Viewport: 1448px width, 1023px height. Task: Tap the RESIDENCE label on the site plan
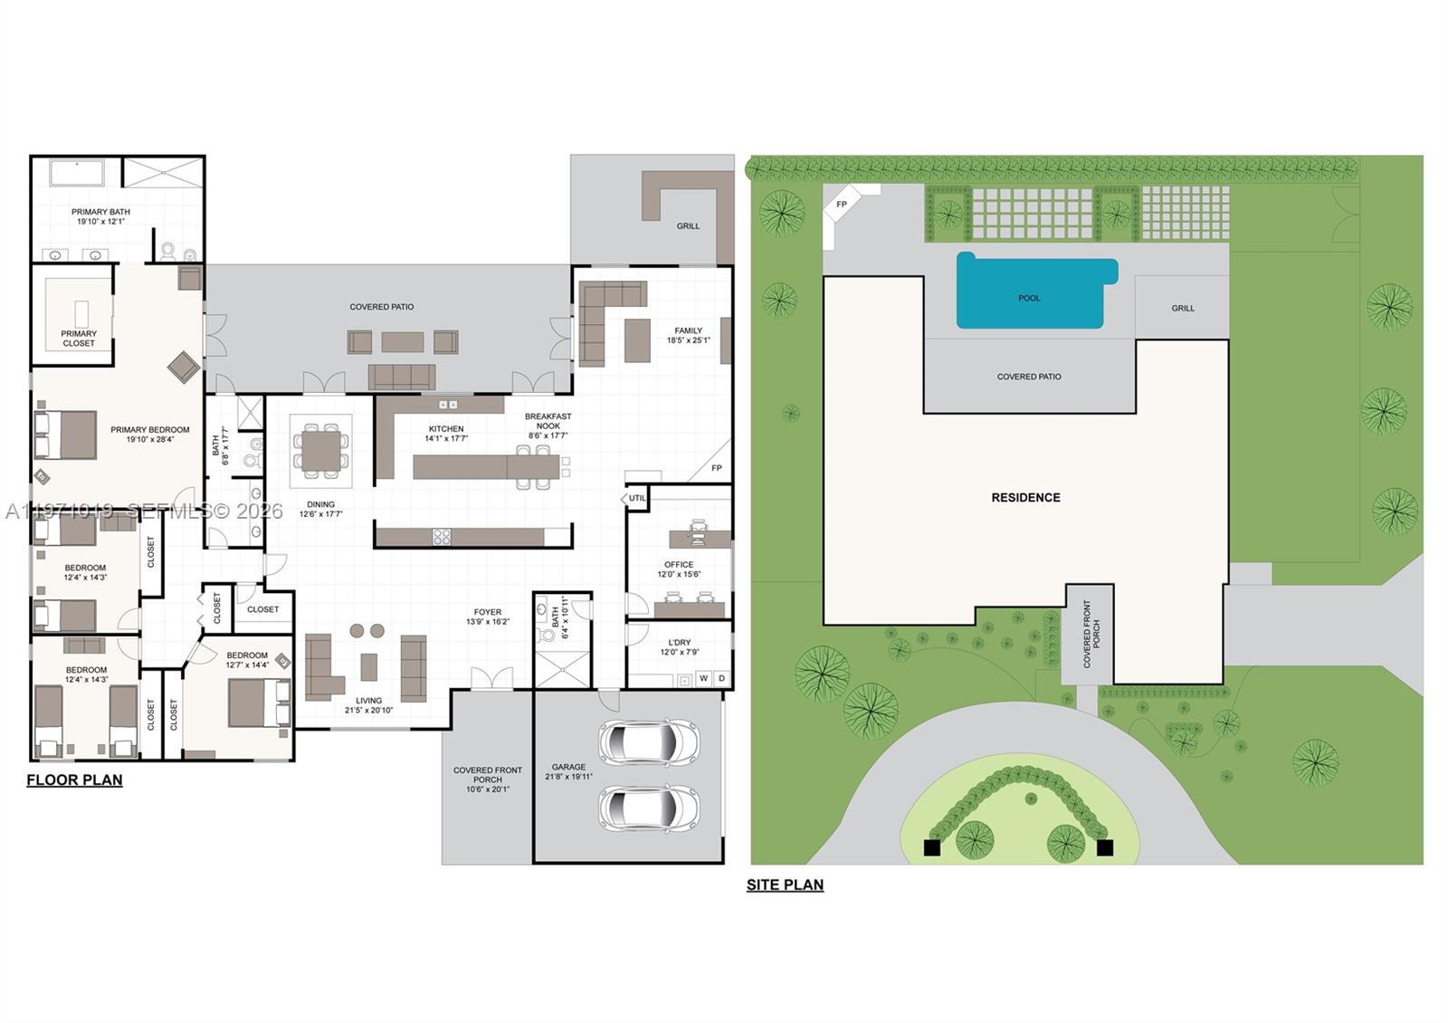1025,498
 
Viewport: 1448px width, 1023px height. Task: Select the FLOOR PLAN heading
74,780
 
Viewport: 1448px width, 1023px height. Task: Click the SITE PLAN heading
785,885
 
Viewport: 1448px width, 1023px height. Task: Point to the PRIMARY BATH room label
100,216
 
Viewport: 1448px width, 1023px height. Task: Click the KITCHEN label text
446,429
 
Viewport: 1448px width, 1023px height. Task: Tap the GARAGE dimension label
568,771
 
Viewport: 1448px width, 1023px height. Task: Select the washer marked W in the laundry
703,678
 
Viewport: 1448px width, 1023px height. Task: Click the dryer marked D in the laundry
721,678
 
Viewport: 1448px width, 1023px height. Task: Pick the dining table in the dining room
321,451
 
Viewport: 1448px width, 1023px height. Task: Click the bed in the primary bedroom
66,435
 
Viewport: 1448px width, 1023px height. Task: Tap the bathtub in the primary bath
77,173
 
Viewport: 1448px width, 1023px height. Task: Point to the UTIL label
637,498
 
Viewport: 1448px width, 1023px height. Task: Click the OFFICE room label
679,564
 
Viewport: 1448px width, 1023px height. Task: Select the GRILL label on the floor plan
688,226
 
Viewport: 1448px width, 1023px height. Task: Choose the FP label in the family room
717,468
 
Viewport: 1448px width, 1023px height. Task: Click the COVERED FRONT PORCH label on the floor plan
488,779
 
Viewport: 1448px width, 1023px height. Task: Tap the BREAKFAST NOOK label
548,421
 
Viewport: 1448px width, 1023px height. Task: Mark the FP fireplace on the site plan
842,205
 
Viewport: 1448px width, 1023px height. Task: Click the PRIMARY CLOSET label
79,338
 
